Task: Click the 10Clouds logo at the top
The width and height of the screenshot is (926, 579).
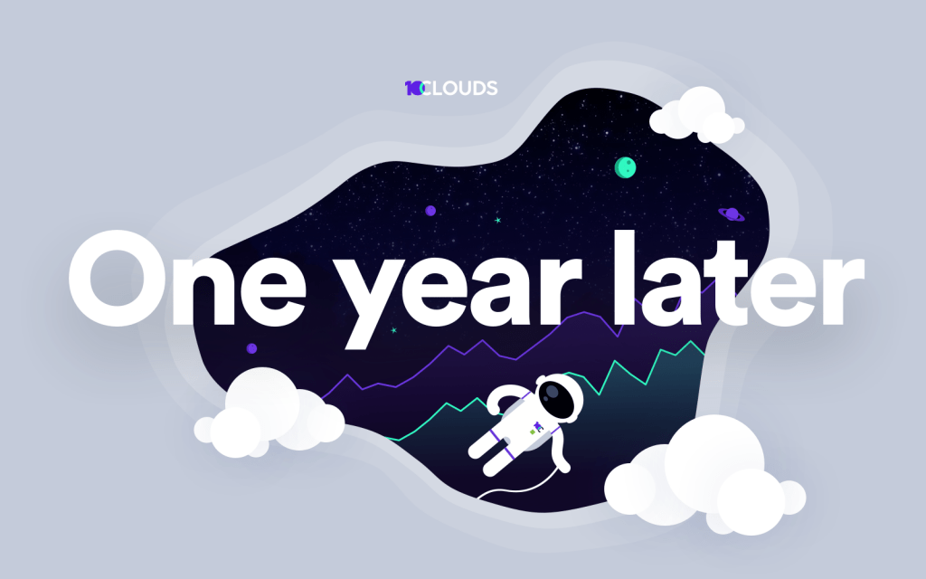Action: coord(450,88)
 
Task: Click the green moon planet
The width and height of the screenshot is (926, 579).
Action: coord(625,166)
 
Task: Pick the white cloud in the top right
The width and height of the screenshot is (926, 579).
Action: coord(696,114)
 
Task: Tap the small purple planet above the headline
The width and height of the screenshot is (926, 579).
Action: coord(430,210)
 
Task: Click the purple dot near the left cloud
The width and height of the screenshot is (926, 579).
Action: coord(251,348)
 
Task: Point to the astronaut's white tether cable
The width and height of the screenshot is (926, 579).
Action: coord(506,489)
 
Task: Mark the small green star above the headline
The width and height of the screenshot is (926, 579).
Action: coord(497,220)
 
